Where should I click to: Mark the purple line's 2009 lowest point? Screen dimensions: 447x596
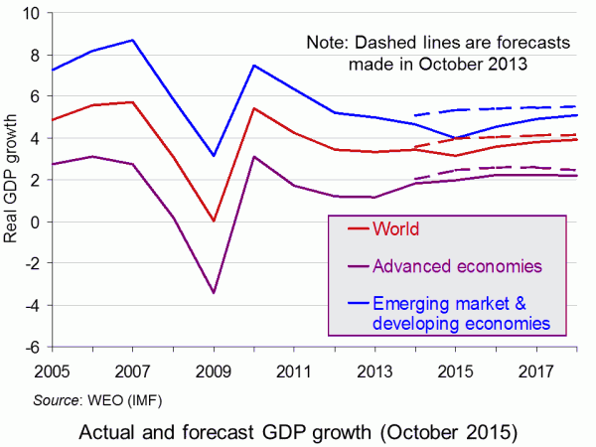point(214,293)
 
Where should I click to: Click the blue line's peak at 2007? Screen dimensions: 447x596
point(132,40)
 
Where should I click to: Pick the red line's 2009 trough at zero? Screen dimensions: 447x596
point(214,221)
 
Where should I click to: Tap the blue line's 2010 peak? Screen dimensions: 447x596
point(254,66)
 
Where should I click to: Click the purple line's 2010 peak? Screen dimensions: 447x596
point(254,157)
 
